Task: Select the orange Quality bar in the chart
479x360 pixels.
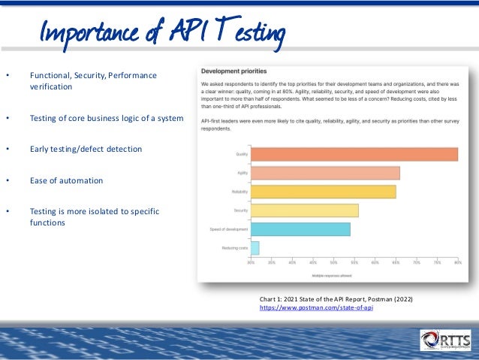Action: tap(354, 154)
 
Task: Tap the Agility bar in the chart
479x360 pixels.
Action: tap(325, 173)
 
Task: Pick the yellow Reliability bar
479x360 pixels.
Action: tap(323, 192)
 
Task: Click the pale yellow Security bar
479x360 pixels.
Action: tap(304, 210)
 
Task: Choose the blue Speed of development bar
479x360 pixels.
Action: tap(300, 229)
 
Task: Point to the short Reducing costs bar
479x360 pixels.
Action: tap(255, 247)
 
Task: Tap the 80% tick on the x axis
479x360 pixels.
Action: tap(457, 263)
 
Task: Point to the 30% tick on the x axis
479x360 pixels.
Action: tap(251, 263)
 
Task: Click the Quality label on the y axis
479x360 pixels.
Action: tap(242, 154)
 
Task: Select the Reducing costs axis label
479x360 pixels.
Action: tap(234, 247)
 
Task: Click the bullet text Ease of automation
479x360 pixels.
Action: tap(66, 180)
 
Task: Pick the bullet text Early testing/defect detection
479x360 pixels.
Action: tap(86, 149)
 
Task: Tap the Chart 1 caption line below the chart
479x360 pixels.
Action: tap(336, 299)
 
